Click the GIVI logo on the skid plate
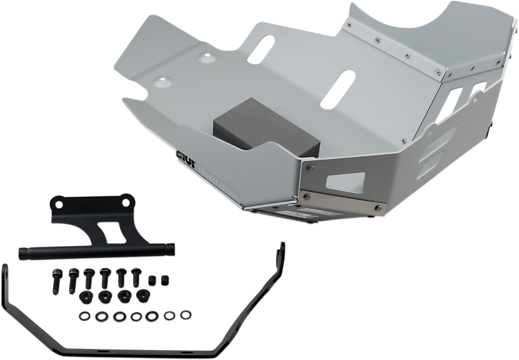point(184,157)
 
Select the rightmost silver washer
point(186,312)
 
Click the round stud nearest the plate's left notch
point(162,82)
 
